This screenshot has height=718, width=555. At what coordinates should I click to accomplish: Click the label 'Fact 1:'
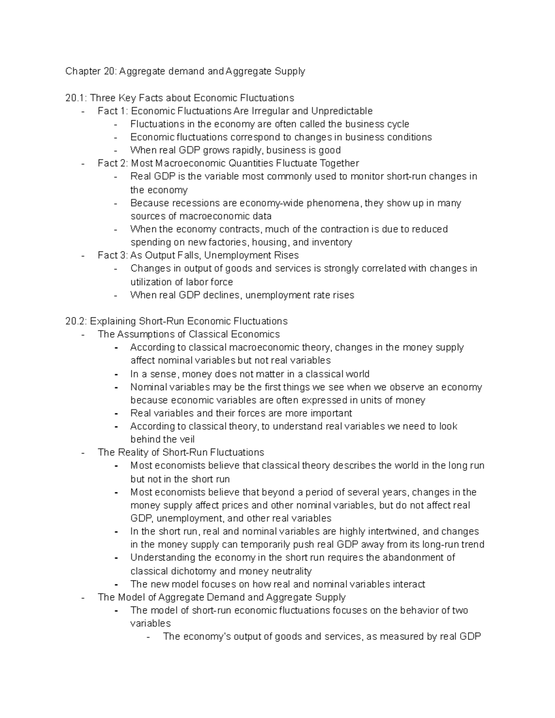pos(113,111)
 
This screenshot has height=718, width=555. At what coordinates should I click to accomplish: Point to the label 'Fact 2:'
pos(113,163)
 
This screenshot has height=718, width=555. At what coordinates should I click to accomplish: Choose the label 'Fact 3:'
pos(113,255)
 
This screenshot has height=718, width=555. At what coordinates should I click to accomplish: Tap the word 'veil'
pos(186,439)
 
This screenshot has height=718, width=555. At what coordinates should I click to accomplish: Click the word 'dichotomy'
pos(191,571)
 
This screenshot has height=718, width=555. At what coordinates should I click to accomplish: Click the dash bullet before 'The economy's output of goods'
pos(148,637)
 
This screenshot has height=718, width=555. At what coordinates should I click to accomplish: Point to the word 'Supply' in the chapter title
pos(290,71)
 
